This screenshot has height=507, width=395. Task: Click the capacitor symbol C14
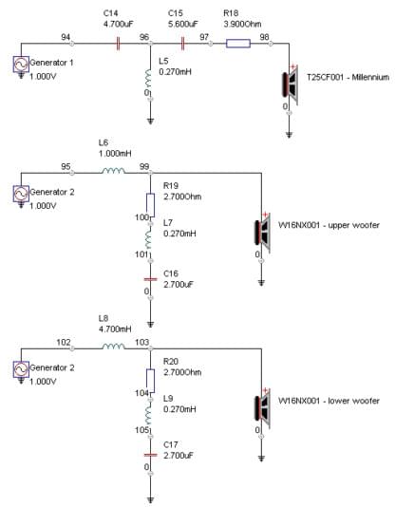(x=118, y=44)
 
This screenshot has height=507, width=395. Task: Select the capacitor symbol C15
(x=183, y=44)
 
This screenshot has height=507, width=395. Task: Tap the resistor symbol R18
(x=238, y=44)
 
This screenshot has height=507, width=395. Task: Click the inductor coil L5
(x=148, y=78)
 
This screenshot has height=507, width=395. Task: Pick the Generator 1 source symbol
(x=21, y=64)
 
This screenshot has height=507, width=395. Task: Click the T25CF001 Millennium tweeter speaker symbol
(x=290, y=84)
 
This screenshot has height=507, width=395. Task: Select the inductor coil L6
(x=113, y=171)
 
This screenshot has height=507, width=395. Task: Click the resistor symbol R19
(x=150, y=205)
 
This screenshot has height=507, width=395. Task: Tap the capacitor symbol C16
(x=150, y=279)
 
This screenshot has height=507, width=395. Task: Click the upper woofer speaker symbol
(x=262, y=233)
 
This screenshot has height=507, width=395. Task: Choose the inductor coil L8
(x=113, y=347)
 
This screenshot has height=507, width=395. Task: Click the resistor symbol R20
(x=150, y=381)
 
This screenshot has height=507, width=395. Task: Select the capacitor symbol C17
(x=150, y=455)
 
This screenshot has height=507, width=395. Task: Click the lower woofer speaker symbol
(x=262, y=408)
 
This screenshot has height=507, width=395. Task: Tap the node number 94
(x=66, y=37)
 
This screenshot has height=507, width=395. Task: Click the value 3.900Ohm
(x=242, y=24)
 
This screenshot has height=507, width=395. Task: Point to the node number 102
(x=64, y=342)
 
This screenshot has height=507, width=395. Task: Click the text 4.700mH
(x=115, y=329)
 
